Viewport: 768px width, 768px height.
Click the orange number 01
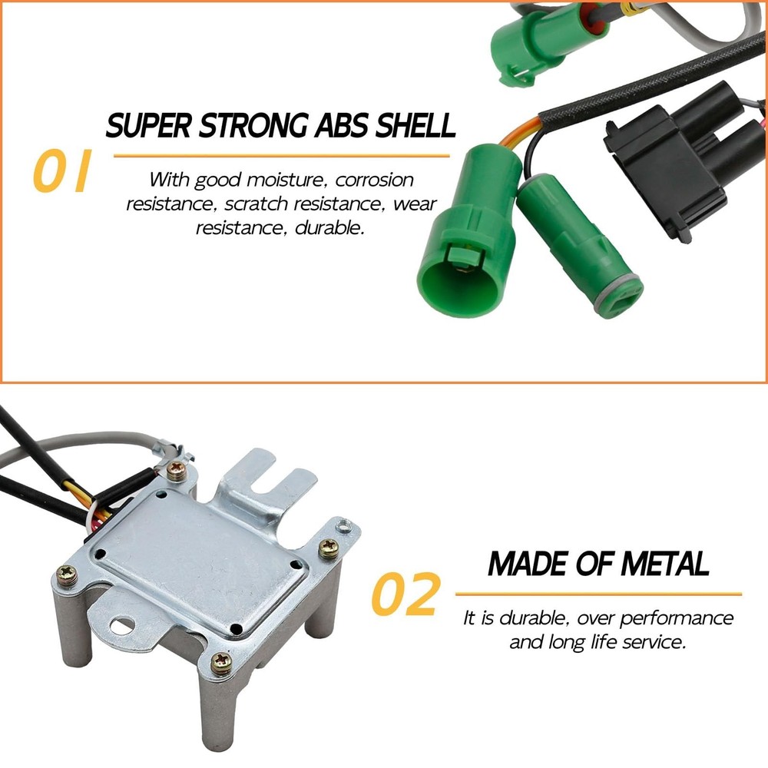pyautogui.click(x=61, y=173)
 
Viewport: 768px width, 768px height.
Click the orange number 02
pyautogui.click(x=406, y=595)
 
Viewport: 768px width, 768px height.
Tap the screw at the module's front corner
pyautogui.click(x=222, y=662)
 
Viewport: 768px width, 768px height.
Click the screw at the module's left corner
pyautogui.click(x=68, y=574)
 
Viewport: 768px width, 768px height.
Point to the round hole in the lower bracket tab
pyautogui.click(x=121, y=624)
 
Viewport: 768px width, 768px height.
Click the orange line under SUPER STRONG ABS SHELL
pyautogui.click(x=281, y=156)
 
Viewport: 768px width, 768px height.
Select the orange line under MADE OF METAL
pyautogui.click(x=598, y=594)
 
